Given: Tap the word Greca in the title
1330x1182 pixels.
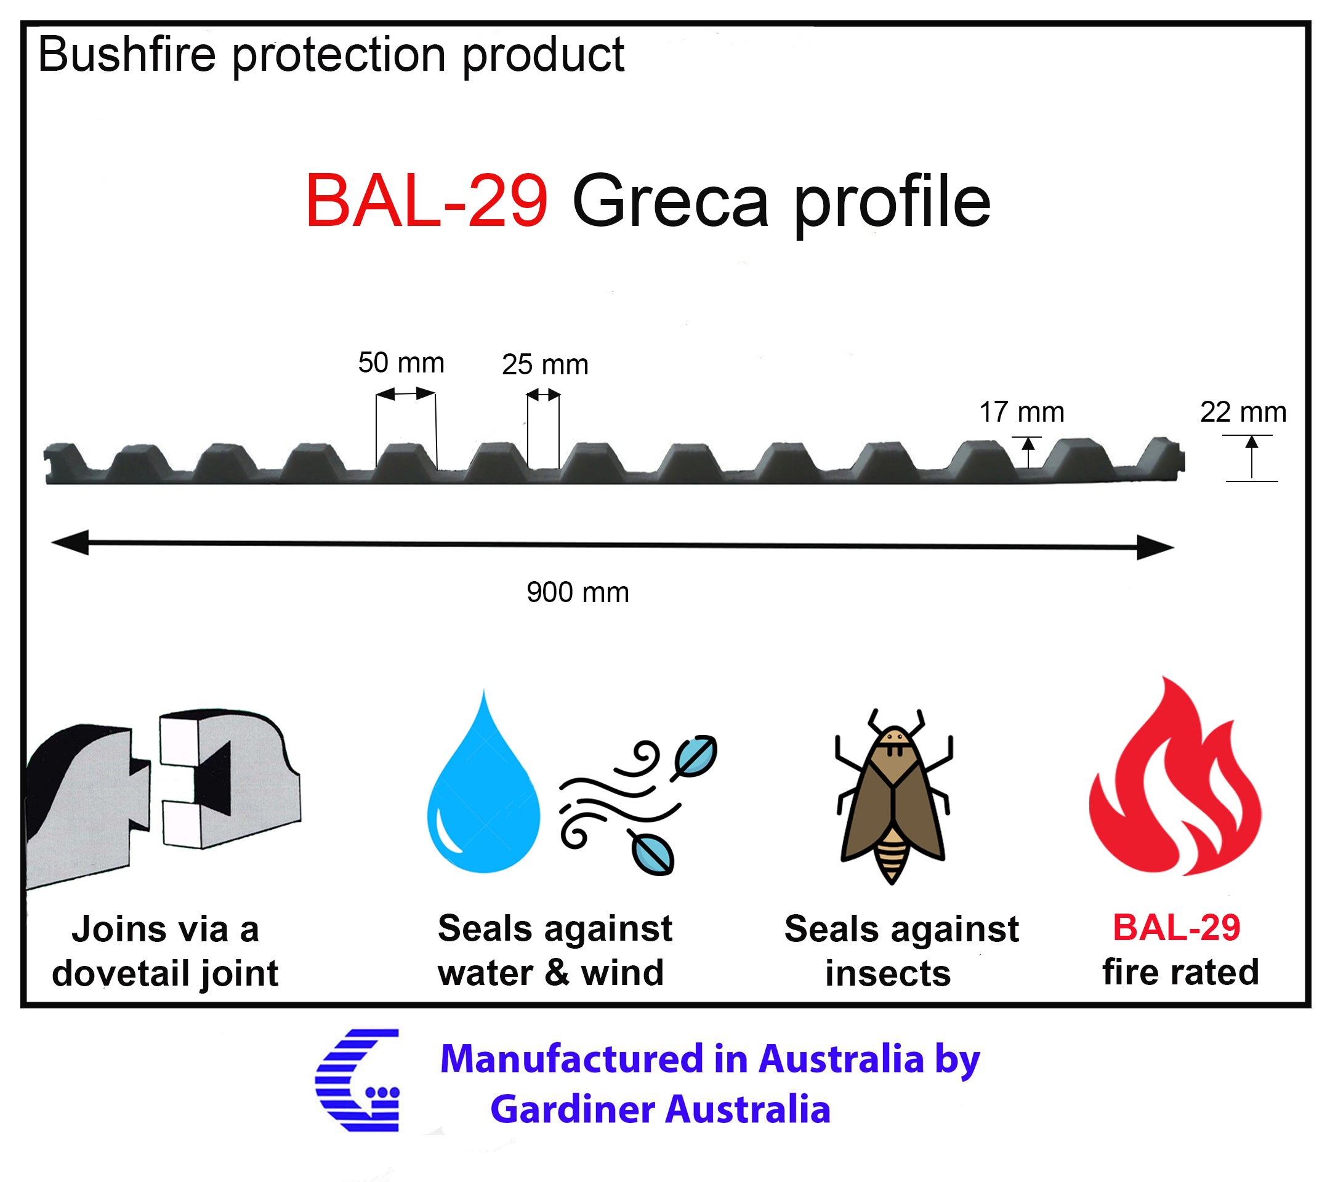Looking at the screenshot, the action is pyautogui.click(x=670, y=202).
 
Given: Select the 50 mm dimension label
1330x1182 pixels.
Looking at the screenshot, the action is pyautogui.click(x=401, y=363).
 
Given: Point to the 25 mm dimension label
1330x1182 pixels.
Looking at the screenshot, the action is pyautogui.click(x=546, y=364).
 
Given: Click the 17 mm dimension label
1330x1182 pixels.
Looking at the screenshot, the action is pyautogui.click(x=1022, y=412).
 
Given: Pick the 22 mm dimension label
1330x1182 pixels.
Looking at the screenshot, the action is pyautogui.click(x=1243, y=412).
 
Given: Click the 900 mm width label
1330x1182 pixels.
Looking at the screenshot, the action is pyautogui.click(x=578, y=592).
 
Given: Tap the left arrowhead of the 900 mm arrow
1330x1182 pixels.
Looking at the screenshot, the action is pyautogui.click(x=70, y=542).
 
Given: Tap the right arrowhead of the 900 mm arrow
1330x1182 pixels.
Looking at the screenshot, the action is pyautogui.click(x=1156, y=547).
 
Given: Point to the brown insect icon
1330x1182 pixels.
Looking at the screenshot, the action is pyautogui.click(x=893, y=795).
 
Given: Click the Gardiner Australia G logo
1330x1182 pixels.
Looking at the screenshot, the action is pyautogui.click(x=357, y=1080).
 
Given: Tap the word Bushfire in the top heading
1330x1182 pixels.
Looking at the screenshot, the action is pyautogui.click(x=127, y=54).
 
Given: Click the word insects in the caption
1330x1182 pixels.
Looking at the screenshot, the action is pyautogui.click(x=888, y=973).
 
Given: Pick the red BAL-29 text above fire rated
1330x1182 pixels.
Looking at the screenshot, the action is pyautogui.click(x=1177, y=927).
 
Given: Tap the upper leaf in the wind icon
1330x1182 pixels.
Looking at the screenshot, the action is pyautogui.click(x=695, y=757).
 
